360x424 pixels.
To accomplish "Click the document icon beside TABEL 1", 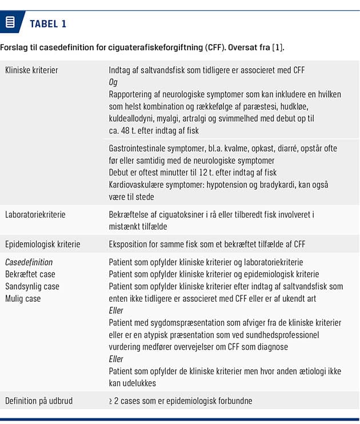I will pyautogui.click(x=10, y=23).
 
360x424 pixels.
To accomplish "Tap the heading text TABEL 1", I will pyautogui.click(x=48, y=23).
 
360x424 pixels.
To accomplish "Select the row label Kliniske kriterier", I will pyautogui.click(x=31, y=70).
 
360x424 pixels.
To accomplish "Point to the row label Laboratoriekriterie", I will pyautogui.click(x=35, y=214).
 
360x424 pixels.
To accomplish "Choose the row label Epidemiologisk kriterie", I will pyautogui.click(x=43, y=244).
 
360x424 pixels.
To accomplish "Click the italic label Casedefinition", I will pyautogui.click(x=29, y=262).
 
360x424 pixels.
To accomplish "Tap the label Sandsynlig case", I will pyautogui.click(x=32, y=286).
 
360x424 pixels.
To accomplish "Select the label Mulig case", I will pyautogui.click(x=23, y=298).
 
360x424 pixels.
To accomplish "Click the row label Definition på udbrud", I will pyautogui.click(x=39, y=400).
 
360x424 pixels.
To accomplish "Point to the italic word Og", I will pyautogui.click(x=113, y=82).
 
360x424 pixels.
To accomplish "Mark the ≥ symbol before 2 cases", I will pyautogui.click(x=111, y=400).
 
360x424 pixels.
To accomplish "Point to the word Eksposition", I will pyautogui.click(x=129, y=244).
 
